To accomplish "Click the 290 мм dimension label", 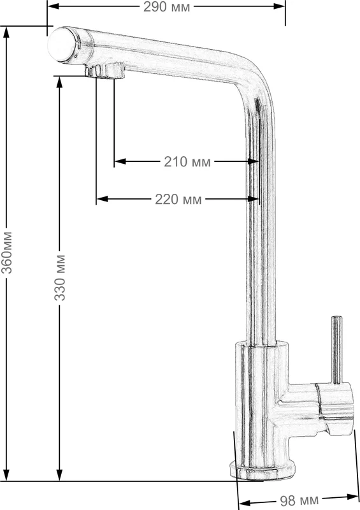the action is click(166, 7).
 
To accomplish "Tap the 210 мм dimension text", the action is click(187, 162).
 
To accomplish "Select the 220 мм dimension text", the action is click(178, 200).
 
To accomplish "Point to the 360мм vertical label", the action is click(6, 252).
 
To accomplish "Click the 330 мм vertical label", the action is click(60, 278).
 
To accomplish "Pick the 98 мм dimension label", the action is click(299, 500).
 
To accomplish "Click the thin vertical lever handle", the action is click(336, 349).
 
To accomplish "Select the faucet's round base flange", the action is click(263, 470).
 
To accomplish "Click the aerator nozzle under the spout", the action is click(105, 71).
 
